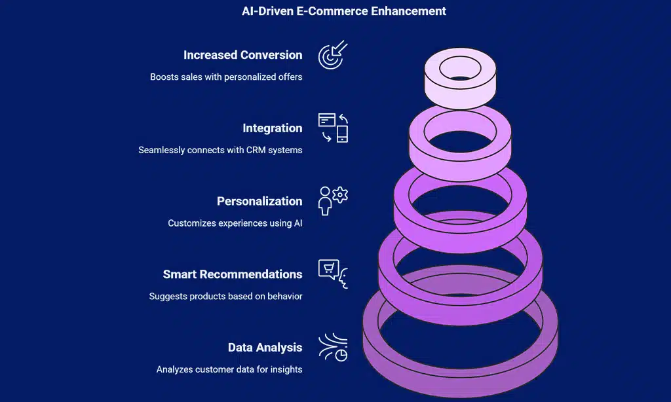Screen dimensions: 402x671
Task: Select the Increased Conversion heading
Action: click(242, 55)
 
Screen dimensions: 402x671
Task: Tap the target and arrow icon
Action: click(333, 55)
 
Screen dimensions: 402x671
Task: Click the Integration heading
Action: click(272, 128)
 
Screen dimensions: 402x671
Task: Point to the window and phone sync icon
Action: click(333, 128)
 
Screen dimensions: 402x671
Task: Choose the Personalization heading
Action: click(259, 201)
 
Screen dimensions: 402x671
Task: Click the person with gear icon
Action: click(333, 200)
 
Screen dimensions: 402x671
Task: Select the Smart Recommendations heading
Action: click(233, 274)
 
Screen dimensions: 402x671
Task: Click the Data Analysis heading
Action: click(265, 348)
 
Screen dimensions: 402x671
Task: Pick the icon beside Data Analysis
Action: click(333, 347)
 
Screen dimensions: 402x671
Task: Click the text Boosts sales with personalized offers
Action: click(226, 77)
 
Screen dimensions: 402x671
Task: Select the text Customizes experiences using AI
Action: click(235, 223)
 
